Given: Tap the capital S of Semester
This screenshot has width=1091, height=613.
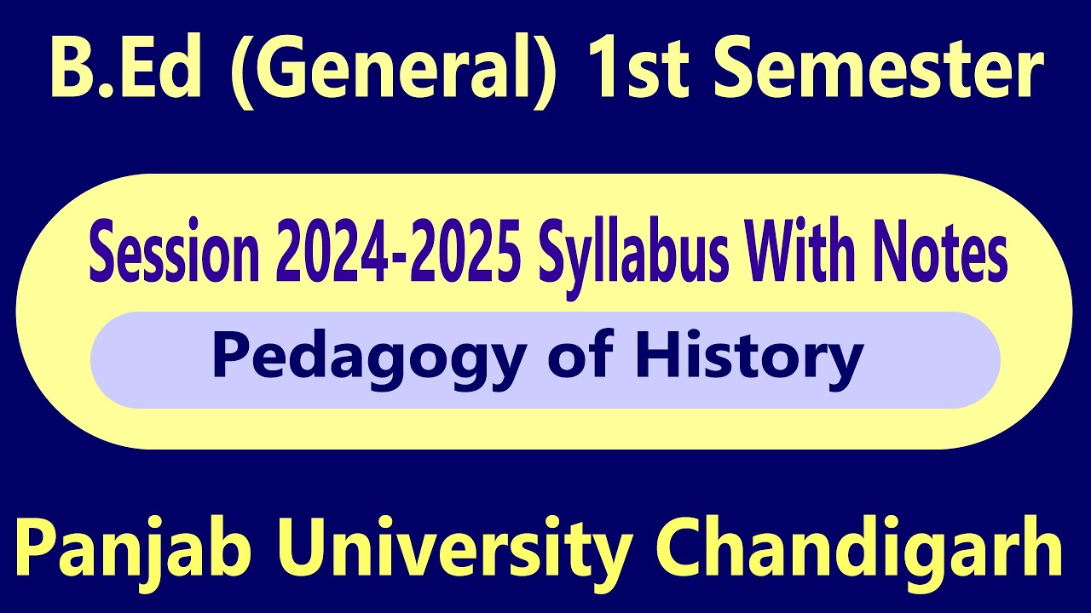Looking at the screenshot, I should point(732,72).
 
